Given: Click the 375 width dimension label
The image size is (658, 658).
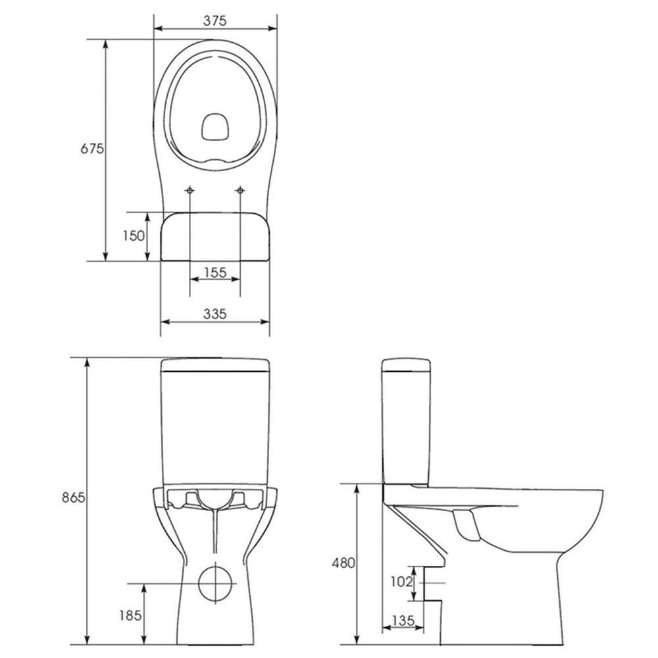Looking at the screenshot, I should [x=215, y=20].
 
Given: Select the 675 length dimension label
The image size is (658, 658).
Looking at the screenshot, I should [x=92, y=149].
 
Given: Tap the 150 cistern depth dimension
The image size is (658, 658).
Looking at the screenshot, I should [x=134, y=236].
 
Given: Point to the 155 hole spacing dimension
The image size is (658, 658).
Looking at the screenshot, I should [x=215, y=272].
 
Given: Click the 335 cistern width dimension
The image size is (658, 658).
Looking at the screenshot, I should [x=215, y=315].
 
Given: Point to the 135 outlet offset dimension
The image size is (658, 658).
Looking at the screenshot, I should [x=403, y=620].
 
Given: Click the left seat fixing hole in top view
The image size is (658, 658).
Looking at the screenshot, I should [x=190, y=191].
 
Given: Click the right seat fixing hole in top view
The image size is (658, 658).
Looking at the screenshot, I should [x=240, y=191].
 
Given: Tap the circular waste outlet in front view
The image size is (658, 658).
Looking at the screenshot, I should [x=215, y=583].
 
